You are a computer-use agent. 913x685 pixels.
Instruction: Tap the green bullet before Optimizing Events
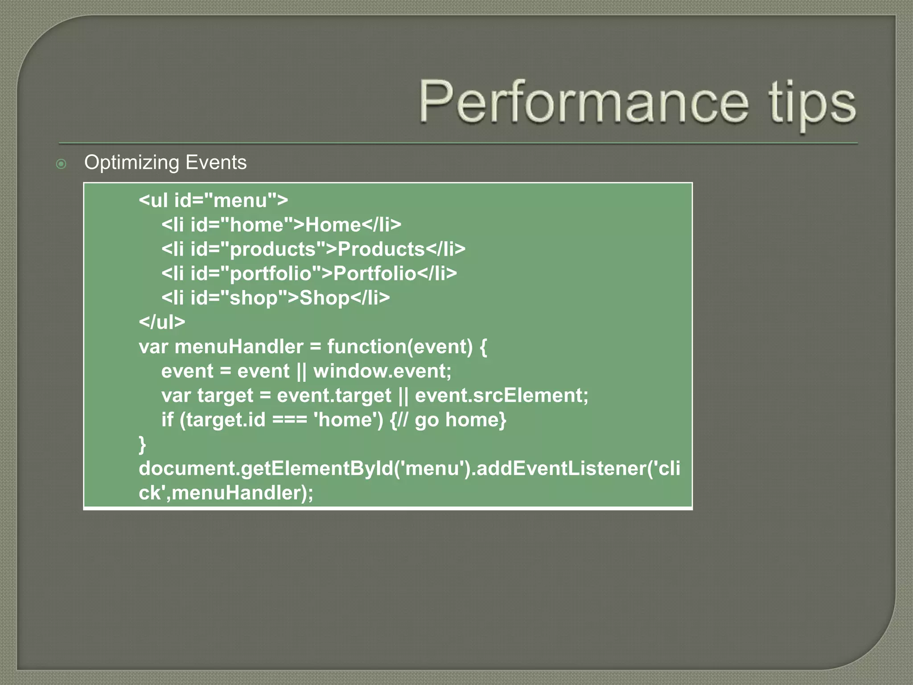[61, 164]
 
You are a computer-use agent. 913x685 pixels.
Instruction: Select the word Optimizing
[132, 163]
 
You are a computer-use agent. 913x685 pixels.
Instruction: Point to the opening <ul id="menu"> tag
[213, 200]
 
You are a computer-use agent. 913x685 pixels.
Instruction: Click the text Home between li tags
[333, 225]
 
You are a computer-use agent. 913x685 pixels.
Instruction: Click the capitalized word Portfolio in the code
[374, 273]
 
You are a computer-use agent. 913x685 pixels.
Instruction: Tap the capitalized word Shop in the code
[324, 298]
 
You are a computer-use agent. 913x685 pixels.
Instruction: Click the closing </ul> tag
[162, 322]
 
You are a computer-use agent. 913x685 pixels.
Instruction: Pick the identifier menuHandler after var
[239, 347]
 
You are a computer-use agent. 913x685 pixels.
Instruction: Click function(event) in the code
[400, 347]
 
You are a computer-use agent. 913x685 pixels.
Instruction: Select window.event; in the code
[382, 371]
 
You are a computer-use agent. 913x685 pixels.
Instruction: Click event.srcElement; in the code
[501, 396]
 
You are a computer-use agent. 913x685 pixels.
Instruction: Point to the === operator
[289, 420]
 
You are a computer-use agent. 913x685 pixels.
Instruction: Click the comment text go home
[459, 420]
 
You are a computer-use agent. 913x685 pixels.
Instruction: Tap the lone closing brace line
[142, 444]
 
